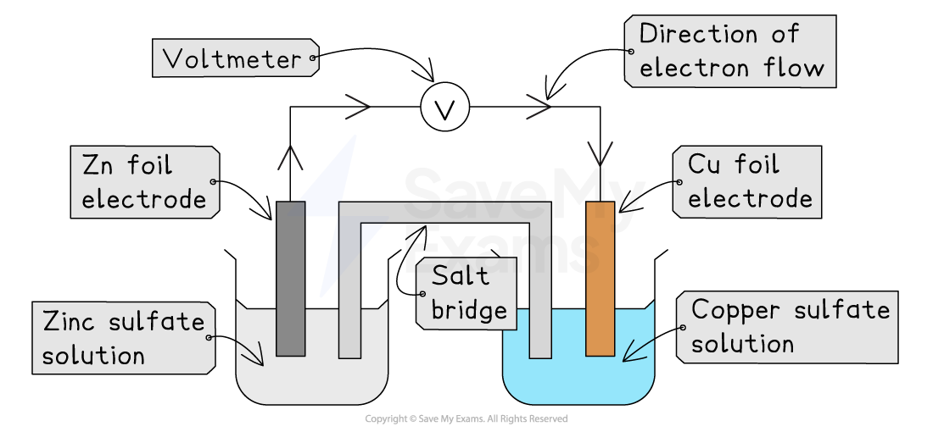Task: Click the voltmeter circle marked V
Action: pyautogui.click(x=444, y=108)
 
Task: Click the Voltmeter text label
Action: pyautogui.click(x=232, y=58)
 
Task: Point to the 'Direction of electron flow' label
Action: pyautogui.click(x=730, y=51)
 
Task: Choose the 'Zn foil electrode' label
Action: pyautogui.click(x=144, y=182)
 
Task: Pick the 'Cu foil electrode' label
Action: pyautogui.click(x=749, y=182)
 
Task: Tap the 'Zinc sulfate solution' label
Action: pyautogui.click(x=124, y=338)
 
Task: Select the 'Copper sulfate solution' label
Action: pyautogui.click(x=789, y=327)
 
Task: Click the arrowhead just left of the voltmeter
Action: pyautogui.click(x=358, y=108)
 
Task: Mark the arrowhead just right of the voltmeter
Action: pyautogui.click(x=538, y=108)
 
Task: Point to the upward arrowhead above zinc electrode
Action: pyautogui.click(x=290, y=158)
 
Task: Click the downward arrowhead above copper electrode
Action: pyautogui.click(x=600, y=153)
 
